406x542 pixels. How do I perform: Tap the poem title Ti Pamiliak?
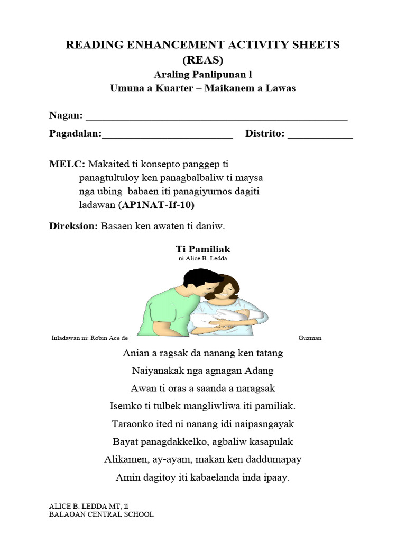point(202,249)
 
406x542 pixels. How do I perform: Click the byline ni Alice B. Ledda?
point(202,258)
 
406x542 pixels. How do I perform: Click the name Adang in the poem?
point(260,371)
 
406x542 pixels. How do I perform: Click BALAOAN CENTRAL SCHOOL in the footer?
point(101,514)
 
